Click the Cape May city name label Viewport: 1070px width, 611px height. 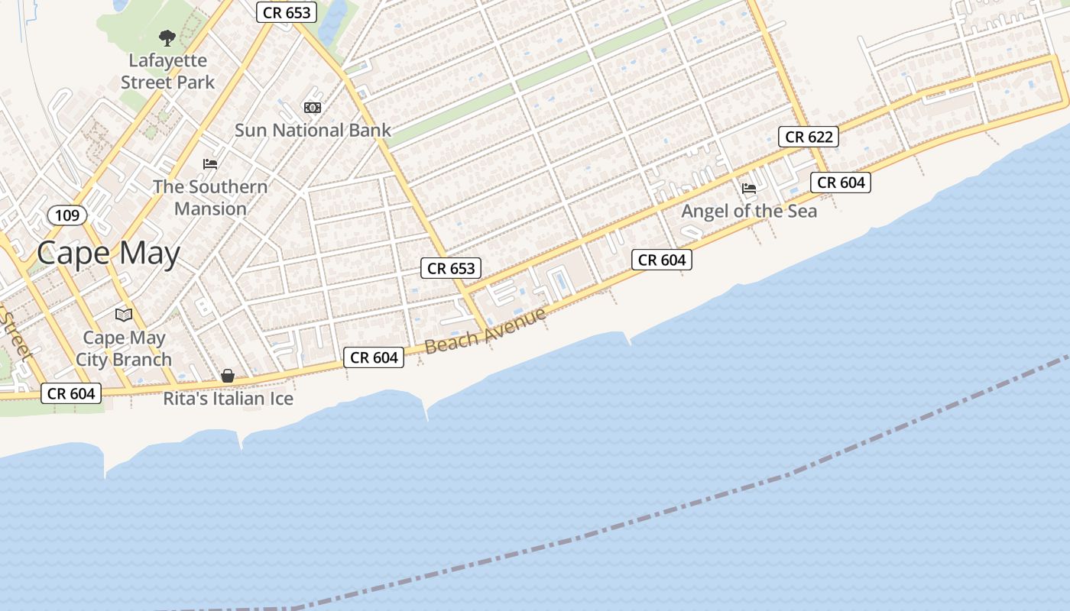[109, 254]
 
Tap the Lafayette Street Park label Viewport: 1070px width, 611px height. [168, 71]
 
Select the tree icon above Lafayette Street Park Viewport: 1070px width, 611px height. [167, 37]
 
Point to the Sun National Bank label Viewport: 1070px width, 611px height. [313, 130]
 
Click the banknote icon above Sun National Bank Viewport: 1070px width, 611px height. [313, 108]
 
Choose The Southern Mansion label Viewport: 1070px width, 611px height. [210, 197]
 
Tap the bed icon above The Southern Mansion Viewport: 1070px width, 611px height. [210, 164]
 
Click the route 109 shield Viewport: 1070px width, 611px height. [67, 215]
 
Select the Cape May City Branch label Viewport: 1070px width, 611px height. [124, 348]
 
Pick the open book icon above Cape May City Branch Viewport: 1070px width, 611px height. [124, 315]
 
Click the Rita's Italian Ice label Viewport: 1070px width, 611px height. [229, 399]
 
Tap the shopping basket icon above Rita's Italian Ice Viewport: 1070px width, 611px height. [228, 376]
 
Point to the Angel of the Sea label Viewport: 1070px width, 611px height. [749, 211]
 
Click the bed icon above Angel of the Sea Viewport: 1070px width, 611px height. [749, 188]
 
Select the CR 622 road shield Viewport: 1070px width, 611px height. [809, 137]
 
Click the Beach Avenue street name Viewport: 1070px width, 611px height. [485, 331]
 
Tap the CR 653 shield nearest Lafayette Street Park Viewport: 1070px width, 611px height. [287, 12]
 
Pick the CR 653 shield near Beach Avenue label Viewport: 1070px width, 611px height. [451, 268]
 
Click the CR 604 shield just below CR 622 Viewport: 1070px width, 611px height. [841, 183]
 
